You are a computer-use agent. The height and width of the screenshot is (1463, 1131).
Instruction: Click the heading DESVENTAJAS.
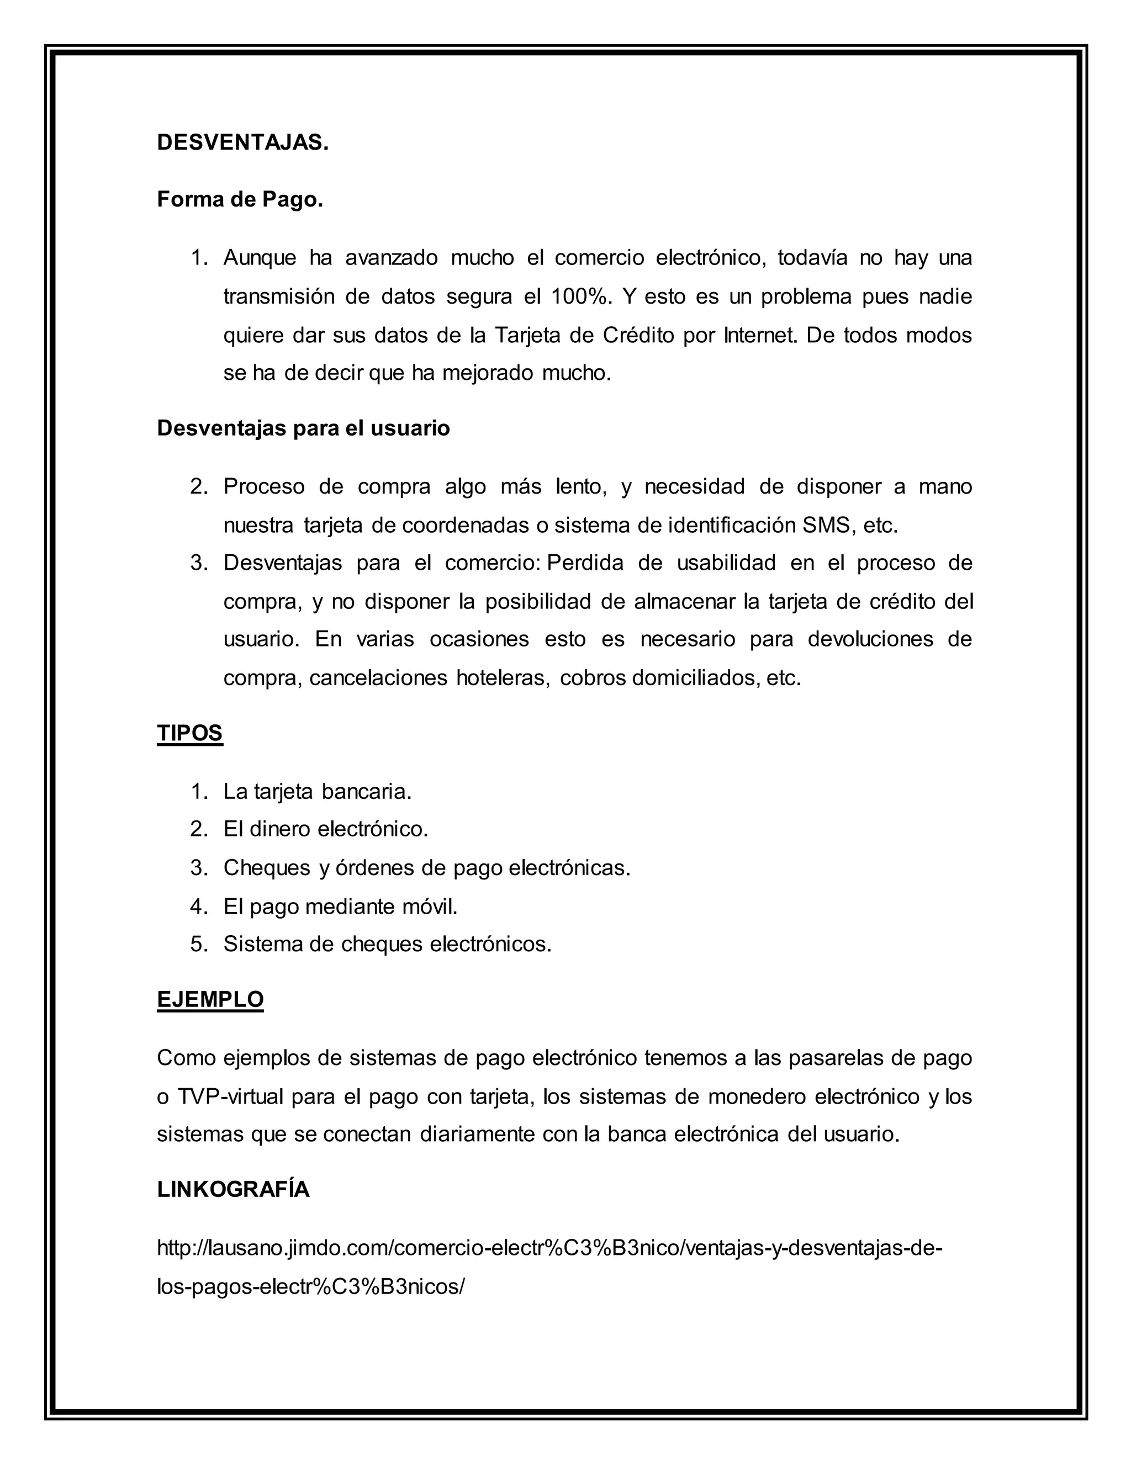[x=242, y=142]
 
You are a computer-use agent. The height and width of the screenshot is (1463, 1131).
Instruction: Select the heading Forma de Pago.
[x=240, y=200]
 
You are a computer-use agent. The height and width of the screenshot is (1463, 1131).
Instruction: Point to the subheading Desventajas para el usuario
[x=303, y=428]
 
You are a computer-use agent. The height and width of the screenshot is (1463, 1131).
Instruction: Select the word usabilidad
[x=726, y=563]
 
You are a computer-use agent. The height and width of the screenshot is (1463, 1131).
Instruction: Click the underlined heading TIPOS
[x=189, y=734]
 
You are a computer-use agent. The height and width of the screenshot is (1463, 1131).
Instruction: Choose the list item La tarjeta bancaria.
[x=317, y=792]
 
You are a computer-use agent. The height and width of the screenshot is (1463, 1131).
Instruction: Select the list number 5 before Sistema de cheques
[x=199, y=944]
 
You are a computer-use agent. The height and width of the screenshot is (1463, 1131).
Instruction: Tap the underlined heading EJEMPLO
[x=210, y=999]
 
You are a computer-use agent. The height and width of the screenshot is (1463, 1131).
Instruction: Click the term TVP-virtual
[x=231, y=1096]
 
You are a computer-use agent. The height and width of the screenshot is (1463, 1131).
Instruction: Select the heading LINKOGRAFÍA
[x=233, y=1190]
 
